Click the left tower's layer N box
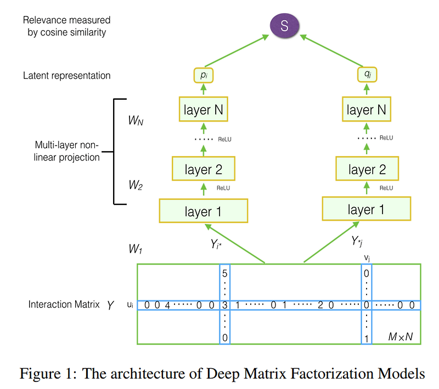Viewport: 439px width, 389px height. click(x=203, y=110)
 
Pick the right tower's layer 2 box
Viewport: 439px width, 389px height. click(x=367, y=169)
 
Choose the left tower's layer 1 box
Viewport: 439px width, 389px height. click(x=203, y=211)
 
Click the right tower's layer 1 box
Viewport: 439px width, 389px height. click(x=367, y=209)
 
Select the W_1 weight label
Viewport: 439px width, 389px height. click(x=136, y=249)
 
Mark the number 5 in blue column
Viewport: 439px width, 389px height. click(x=224, y=272)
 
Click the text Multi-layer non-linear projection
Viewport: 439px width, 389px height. click(x=67, y=152)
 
